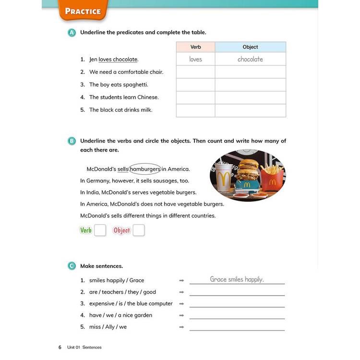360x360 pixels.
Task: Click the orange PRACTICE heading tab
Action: click(83, 11)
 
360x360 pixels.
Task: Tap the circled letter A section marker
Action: click(72, 33)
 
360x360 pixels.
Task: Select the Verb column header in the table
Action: click(195, 47)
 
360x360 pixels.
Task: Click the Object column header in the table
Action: click(250, 47)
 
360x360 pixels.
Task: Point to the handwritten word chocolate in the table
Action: click(250, 59)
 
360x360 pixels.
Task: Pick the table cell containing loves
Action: click(195, 59)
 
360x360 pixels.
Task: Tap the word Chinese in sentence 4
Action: click(147, 97)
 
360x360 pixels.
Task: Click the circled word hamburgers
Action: click(145, 169)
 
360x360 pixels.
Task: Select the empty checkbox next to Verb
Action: click(100, 230)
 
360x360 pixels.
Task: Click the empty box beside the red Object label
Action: click(138, 230)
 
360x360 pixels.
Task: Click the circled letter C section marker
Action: click(72, 266)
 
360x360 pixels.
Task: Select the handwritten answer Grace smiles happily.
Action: click(237, 279)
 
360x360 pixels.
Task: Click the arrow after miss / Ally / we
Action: click(181, 327)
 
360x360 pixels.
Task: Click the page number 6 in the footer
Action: click(60, 347)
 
